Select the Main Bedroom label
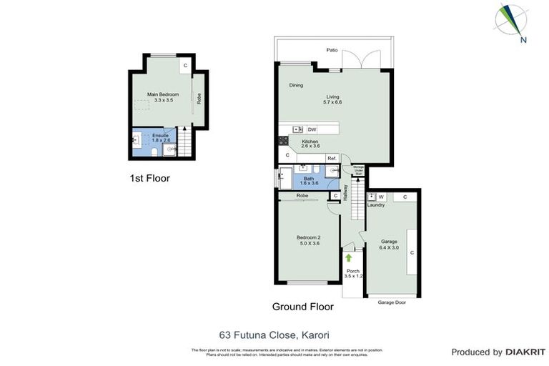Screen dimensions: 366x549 click(x=163, y=94)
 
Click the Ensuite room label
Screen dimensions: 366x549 click(x=160, y=135)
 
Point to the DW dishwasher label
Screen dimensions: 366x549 click(x=312, y=129)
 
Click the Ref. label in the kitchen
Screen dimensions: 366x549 click(x=332, y=158)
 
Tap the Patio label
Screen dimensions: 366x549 click(x=332, y=51)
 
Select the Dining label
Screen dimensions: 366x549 click(x=296, y=85)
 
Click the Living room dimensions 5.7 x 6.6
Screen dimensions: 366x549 click(x=332, y=103)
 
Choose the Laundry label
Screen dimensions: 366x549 click(x=376, y=205)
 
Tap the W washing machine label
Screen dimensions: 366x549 click(x=381, y=197)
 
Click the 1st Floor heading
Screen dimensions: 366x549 click(x=149, y=178)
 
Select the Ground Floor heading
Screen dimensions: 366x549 click(x=302, y=307)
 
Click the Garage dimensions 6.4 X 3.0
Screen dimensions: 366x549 click(x=389, y=247)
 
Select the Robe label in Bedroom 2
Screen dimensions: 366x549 click(x=302, y=195)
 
